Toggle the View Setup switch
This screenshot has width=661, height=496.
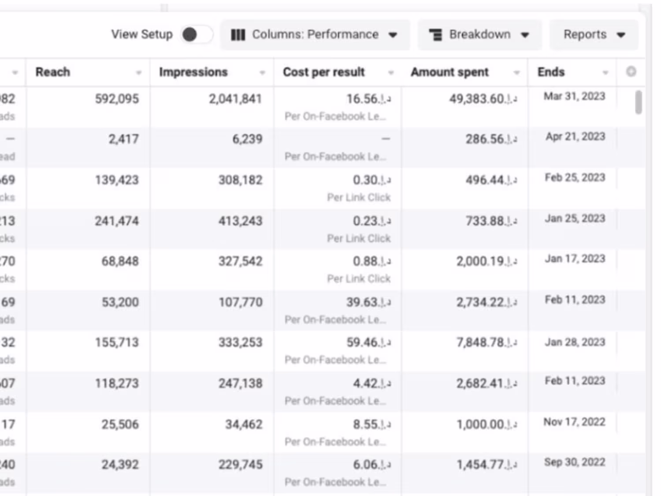point(196,34)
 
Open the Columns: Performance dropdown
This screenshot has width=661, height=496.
point(315,34)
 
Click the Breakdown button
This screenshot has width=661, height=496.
point(479,34)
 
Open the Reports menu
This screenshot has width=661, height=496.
point(594,34)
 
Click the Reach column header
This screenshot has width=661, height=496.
point(53,72)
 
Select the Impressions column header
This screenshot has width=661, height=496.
point(193,72)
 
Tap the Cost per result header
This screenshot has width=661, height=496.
point(324,72)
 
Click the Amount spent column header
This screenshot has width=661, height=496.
point(450,72)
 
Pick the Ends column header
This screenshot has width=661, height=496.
point(551,72)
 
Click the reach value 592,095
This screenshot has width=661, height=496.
point(117,99)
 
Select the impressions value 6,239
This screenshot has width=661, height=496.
point(247,139)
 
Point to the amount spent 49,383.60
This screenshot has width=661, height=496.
point(483,99)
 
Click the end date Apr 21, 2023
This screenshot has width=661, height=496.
point(575,137)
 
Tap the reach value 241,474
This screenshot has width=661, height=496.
point(117,221)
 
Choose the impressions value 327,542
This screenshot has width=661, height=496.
point(241,261)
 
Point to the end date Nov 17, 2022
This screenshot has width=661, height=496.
point(574,422)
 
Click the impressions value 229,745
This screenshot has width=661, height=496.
point(241,465)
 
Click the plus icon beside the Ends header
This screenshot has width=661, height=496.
point(631,71)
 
